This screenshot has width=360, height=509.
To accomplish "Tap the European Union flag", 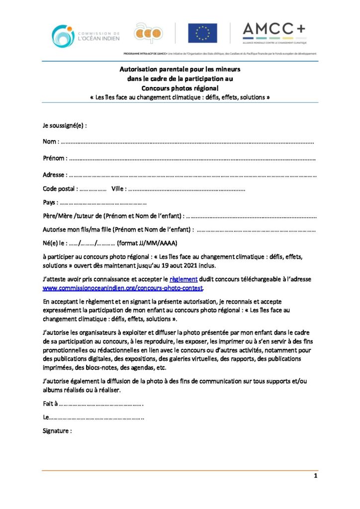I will pos(202,33).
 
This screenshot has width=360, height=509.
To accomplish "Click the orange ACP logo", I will pos(148,33).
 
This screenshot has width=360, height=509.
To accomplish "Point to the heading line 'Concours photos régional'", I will pos(180,88).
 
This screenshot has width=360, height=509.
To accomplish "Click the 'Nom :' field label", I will pos(51,142).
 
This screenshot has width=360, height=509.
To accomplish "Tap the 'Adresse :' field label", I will pos(54,175).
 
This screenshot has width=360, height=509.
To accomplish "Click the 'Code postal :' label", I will pos(60,189).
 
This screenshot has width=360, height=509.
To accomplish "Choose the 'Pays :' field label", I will pos(50,202).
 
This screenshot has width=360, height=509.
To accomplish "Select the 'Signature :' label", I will pos(57,431).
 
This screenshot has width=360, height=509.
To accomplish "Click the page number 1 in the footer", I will pos(315,476).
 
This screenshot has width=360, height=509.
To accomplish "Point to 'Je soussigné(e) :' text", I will pos(65,125).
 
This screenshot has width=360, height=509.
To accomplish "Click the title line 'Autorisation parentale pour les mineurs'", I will pos(180,70).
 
